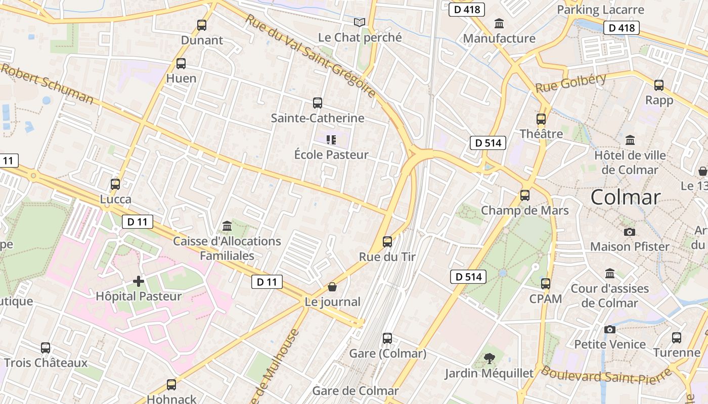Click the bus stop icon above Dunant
[x=202, y=25]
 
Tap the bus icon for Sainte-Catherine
[x=318, y=103]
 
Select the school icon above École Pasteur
[x=331, y=140]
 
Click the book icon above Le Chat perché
[x=360, y=22]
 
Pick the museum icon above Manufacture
[x=499, y=23]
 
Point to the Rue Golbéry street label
[x=570, y=83]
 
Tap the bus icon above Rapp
[x=659, y=85]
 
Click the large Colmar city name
[x=626, y=197]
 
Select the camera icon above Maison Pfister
[x=630, y=232]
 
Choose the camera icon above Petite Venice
[x=610, y=329]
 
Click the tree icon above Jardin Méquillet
[x=489, y=359]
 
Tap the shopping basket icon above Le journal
[x=332, y=287]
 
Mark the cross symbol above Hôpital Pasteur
[x=139, y=281]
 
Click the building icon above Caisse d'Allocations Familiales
[x=227, y=226]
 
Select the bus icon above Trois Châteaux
[x=46, y=348]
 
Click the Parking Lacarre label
[x=600, y=10]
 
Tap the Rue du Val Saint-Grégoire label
[x=311, y=56]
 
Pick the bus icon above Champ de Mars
[x=525, y=195]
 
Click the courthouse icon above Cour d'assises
[x=610, y=273]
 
